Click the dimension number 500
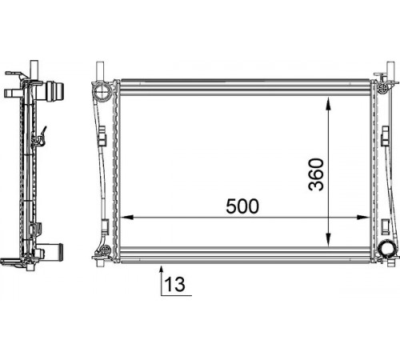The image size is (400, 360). click(242, 206)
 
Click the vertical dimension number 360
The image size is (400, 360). click(316, 174)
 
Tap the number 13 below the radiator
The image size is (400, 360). click(174, 284)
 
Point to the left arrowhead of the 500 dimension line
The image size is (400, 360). click(127, 218)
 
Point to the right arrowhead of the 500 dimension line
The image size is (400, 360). click(363, 218)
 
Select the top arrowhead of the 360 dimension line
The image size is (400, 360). click(328, 103)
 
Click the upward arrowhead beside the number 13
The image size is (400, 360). click(161, 270)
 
